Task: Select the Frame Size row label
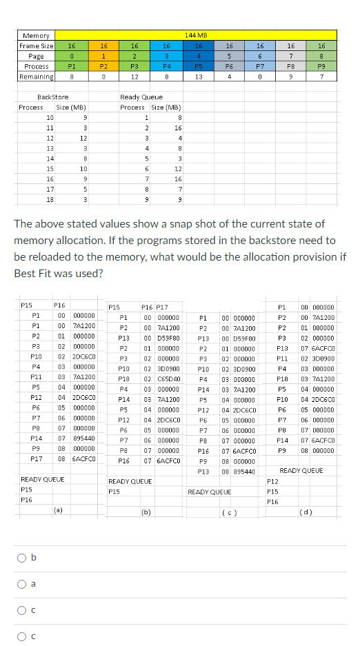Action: [36, 46]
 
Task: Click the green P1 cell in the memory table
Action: [71, 66]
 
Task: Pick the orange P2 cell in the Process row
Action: [103, 66]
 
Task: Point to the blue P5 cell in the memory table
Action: [197, 66]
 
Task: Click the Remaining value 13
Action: [197, 77]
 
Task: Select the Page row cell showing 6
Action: [260, 56]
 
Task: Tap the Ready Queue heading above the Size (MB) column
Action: [141, 97]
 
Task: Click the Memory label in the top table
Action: [36, 35]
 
